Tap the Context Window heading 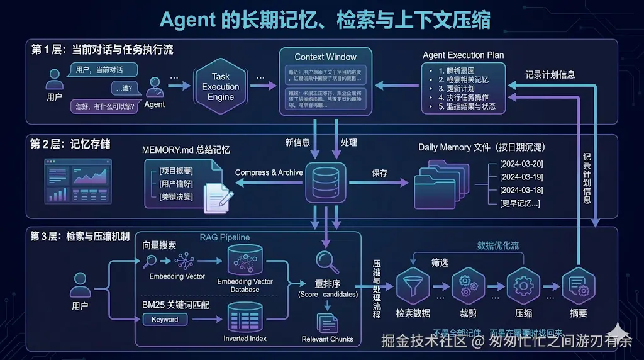(325, 57)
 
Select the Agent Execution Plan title (463, 55)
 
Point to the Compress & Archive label (269, 172)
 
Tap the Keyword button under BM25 (165, 320)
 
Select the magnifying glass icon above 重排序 (327, 260)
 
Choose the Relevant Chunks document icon (327, 322)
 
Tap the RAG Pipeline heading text (225, 237)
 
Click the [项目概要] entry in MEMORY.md (176, 171)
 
